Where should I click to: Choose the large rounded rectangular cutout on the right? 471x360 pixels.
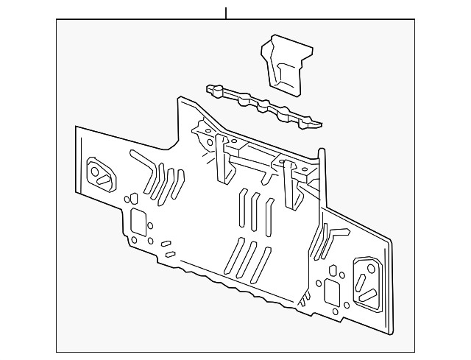pyautogui.click(x=331, y=290)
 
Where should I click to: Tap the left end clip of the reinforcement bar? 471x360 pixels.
pyautogui.click(x=213, y=90)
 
